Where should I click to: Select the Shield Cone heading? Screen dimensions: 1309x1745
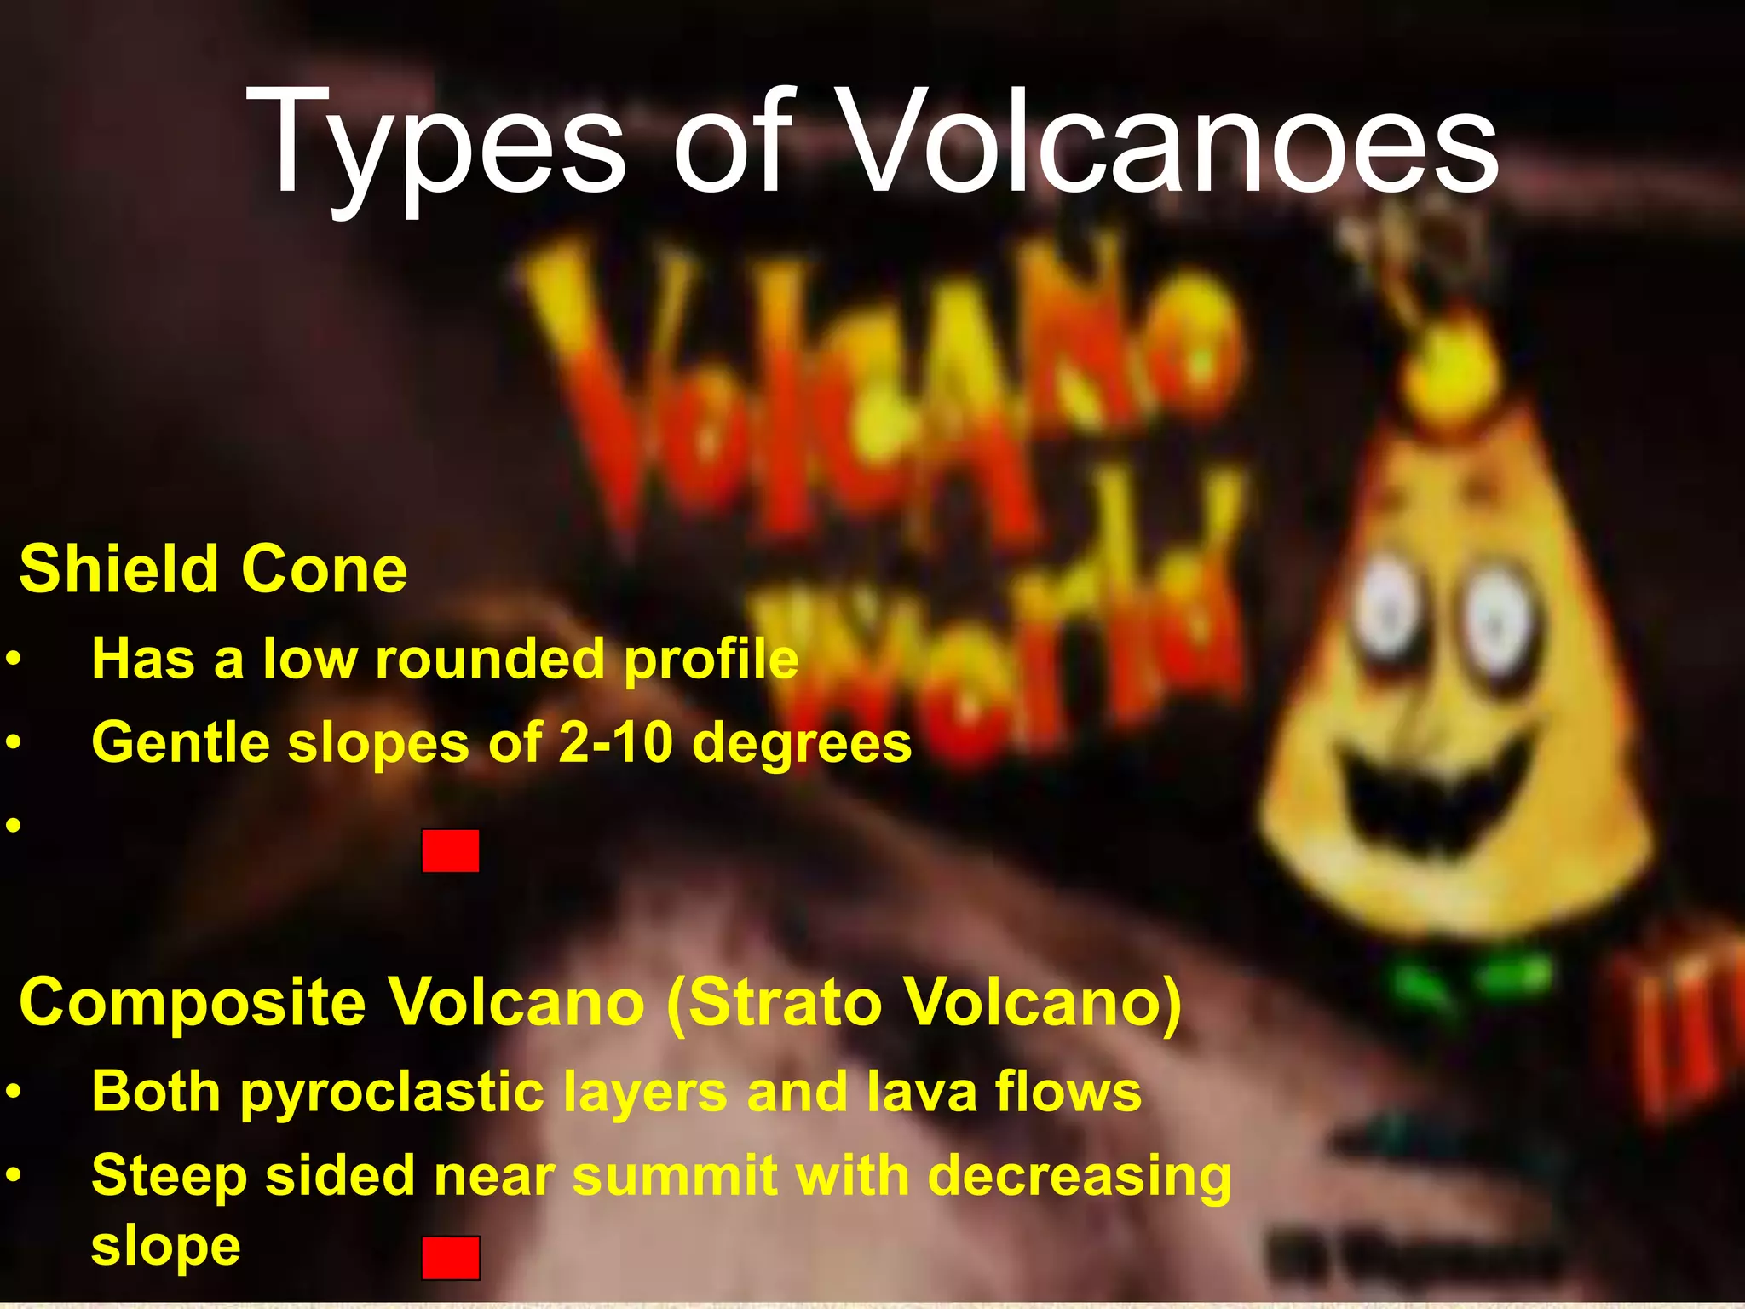[x=213, y=569]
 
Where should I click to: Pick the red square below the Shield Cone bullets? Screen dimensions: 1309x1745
[x=450, y=851]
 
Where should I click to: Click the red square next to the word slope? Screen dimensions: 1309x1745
[x=450, y=1258]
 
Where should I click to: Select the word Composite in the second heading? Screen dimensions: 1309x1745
[x=193, y=1002]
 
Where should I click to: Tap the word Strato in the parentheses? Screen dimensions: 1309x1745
[x=784, y=1002]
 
